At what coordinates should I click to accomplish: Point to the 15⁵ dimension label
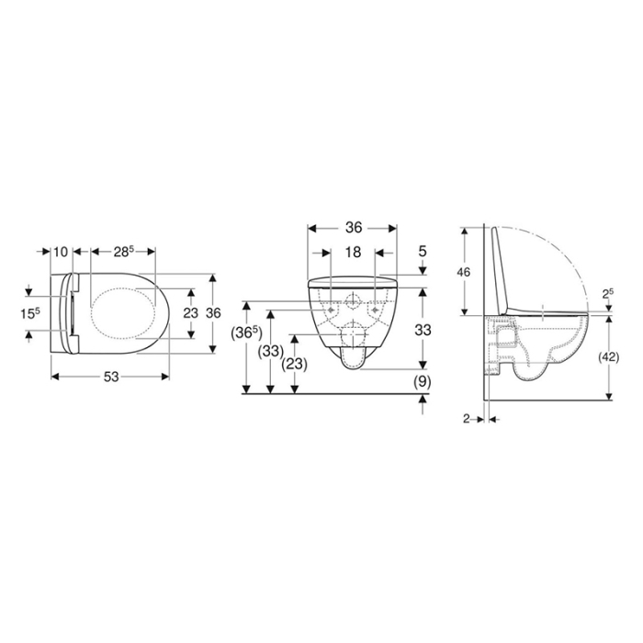pos(31,313)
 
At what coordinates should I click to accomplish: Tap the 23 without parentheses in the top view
pos(190,312)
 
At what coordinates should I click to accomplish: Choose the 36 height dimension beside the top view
pos(213,312)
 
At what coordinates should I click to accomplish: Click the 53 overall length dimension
pos(110,377)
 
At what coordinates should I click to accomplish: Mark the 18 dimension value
pos(353,251)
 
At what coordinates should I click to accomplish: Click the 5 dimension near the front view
pos(423,251)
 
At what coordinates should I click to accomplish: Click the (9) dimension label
pos(423,380)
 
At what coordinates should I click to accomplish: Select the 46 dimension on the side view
pos(465,272)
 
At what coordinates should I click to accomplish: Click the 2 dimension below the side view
pos(467,418)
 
